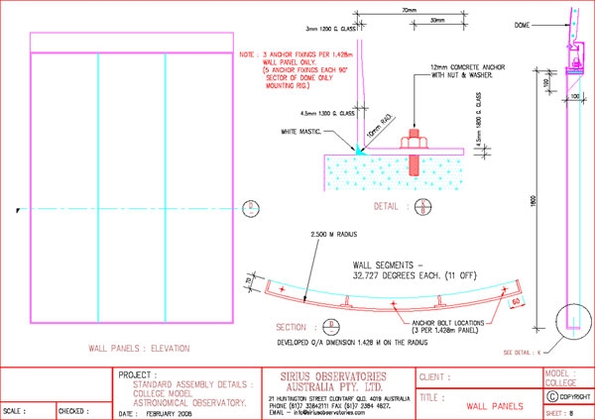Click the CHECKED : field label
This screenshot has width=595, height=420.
pos(72,410)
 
